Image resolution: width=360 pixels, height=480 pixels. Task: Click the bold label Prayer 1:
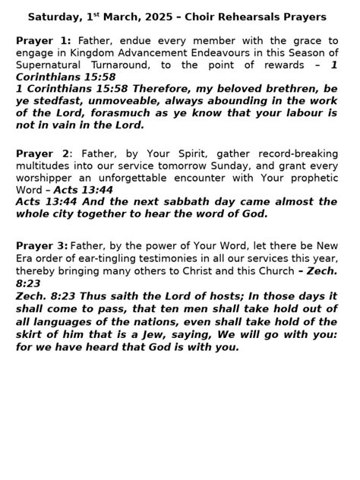point(43,40)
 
